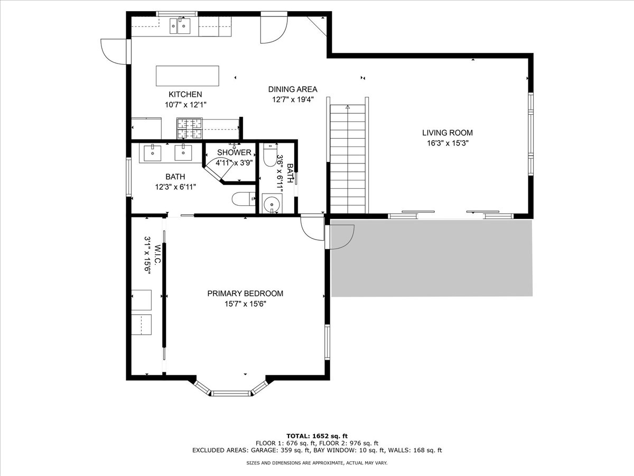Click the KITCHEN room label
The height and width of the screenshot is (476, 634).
(185, 94)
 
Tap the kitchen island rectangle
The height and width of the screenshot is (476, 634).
(188, 76)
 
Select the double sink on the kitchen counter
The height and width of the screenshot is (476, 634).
(180, 26)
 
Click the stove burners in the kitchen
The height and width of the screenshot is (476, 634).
(190, 129)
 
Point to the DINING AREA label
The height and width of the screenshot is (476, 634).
(293, 89)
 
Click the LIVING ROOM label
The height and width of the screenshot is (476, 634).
(447, 133)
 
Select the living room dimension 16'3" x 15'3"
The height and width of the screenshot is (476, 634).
(447, 143)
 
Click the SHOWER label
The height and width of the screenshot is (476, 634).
(234, 152)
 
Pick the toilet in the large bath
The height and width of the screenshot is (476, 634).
(244, 199)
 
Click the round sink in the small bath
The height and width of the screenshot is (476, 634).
(272, 204)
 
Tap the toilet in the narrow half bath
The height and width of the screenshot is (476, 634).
(271, 155)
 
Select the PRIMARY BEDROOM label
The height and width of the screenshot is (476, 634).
(245, 294)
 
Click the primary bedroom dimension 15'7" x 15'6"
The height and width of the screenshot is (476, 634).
(245, 304)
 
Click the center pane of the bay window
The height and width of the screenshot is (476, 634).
(231, 393)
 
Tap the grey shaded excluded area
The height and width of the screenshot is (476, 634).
(432, 258)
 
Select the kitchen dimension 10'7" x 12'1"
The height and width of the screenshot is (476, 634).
(185, 105)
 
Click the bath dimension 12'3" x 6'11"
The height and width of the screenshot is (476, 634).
(175, 187)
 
